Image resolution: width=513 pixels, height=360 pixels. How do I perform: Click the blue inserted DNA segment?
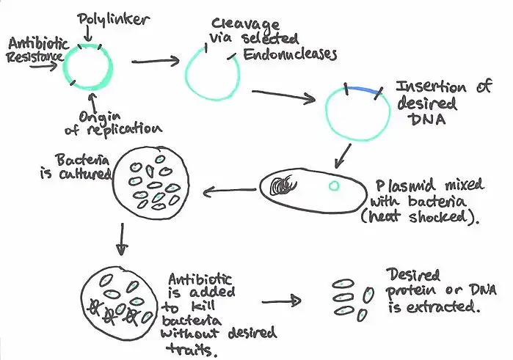(x=363, y=89)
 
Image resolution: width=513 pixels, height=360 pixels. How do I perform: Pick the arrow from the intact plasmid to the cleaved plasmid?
(x=153, y=62)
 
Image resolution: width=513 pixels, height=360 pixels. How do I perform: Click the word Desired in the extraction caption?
(x=415, y=276)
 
